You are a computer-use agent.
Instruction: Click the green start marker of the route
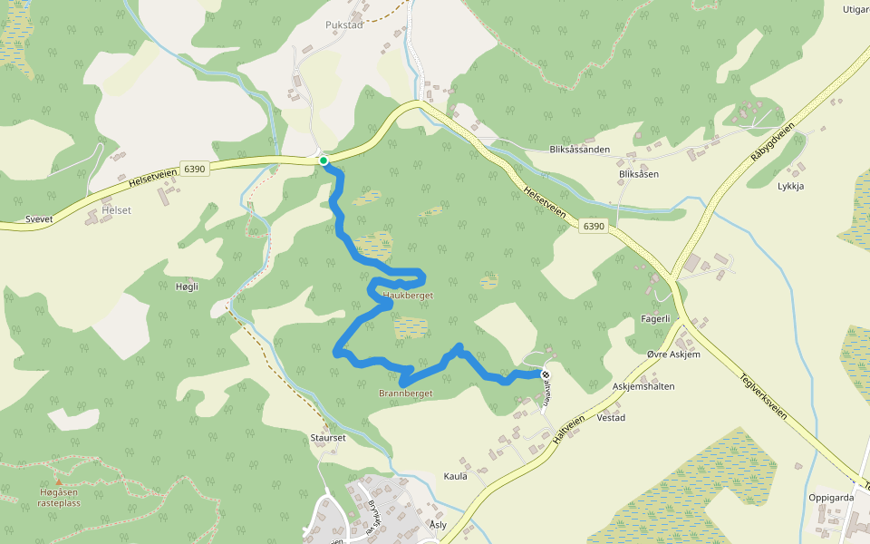click(324, 160)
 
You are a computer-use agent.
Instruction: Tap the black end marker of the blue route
click(546, 374)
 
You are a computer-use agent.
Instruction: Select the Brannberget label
click(405, 393)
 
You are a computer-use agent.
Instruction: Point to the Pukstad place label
click(343, 24)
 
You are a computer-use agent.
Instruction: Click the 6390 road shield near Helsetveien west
click(195, 169)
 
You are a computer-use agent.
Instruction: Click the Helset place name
click(117, 210)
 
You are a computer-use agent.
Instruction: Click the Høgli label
click(185, 287)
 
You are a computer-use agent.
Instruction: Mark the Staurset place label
click(328, 437)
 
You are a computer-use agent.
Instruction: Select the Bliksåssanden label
click(579, 150)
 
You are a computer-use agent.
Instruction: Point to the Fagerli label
click(654, 318)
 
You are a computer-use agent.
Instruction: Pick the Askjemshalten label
click(643, 385)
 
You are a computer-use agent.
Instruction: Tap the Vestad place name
click(612, 418)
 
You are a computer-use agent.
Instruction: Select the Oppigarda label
click(832, 498)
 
